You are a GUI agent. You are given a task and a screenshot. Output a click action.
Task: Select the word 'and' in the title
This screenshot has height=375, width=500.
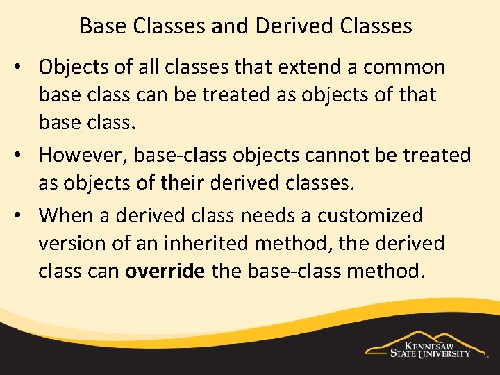point(231,26)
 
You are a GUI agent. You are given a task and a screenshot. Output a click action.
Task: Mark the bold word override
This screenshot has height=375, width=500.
point(165,272)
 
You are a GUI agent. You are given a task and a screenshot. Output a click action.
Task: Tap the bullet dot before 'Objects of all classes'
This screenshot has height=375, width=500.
point(23,68)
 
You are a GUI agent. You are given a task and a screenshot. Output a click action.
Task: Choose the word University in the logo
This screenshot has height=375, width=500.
point(444,353)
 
